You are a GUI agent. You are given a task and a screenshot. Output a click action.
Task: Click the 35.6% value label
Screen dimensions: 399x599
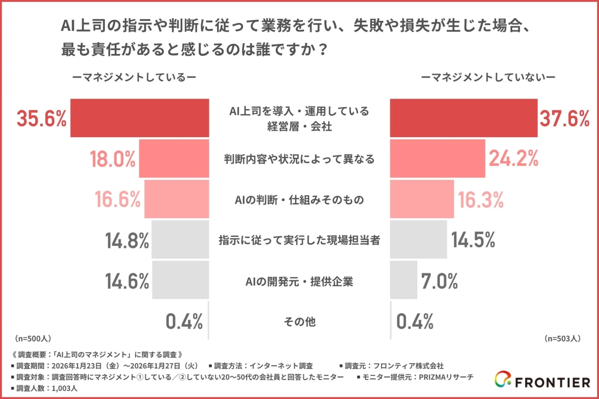pyautogui.click(x=42, y=119)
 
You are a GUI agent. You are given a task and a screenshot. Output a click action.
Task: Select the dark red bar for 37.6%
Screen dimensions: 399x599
pyautogui.click(x=463, y=118)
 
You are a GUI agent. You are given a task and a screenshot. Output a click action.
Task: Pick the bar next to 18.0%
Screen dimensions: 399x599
pyautogui.click(x=174, y=159)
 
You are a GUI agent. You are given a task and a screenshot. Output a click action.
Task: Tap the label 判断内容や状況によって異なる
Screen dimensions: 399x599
pyautogui.click(x=299, y=159)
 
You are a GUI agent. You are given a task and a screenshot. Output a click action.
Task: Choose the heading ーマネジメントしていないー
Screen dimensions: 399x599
pyautogui.click(x=488, y=77)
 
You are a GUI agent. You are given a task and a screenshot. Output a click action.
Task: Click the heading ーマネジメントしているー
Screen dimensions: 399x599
pyautogui.click(x=134, y=77)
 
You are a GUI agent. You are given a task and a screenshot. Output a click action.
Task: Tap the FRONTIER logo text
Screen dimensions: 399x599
pyautogui.click(x=552, y=383)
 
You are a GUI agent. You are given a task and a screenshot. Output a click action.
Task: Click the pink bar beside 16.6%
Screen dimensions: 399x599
pyautogui.click(x=176, y=199)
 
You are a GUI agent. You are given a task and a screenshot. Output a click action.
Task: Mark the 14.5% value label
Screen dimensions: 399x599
pyautogui.click(x=473, y=241)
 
